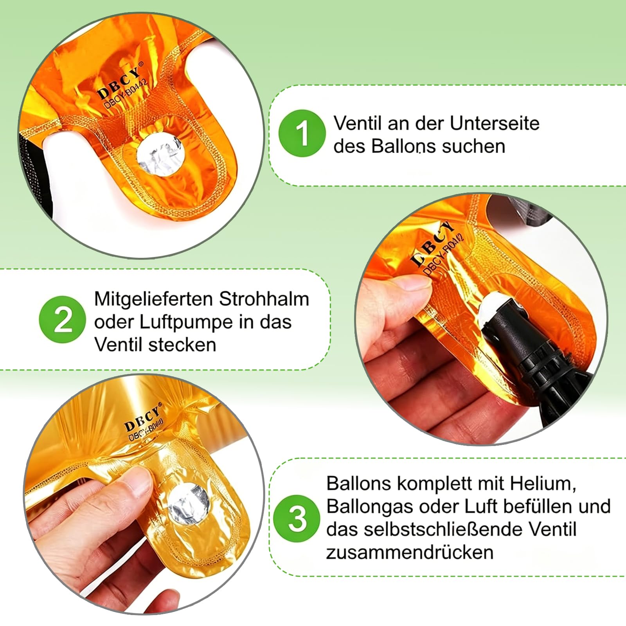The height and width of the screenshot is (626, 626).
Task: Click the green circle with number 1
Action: coord(302,133)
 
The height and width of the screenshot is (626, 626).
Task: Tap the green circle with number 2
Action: coord(63,320)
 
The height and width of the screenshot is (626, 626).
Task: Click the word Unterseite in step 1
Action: coord(495,123)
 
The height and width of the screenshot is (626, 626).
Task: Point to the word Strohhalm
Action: coord(264,299)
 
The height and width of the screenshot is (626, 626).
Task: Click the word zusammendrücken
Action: coord(410,552)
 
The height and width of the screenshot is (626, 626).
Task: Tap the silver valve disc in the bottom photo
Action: coord(189,504)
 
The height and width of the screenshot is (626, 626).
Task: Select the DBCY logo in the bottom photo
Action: coord(142,417)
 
